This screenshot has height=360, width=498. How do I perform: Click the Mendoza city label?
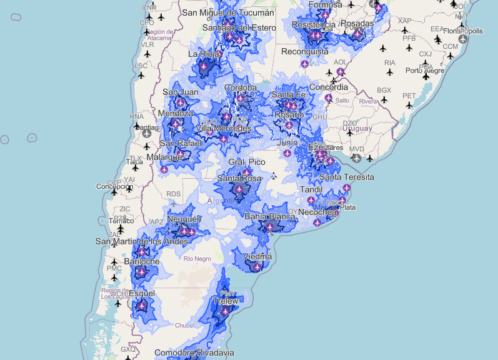[176, 114]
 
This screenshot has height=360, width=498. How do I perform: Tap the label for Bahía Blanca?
[269, 216]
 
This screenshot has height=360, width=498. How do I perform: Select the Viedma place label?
[257, 256]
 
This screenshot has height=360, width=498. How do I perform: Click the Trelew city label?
[225, 301]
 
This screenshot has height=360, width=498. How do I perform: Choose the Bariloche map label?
[142, 261]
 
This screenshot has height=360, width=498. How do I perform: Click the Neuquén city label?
[184, 219]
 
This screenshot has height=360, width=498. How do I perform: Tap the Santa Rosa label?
[239, 179]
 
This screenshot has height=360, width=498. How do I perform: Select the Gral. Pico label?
[246, 162]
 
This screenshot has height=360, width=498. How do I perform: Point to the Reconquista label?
[304, 52]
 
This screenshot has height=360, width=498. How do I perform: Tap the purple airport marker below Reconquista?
[304, 64]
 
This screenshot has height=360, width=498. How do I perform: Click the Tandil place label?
[311, 189]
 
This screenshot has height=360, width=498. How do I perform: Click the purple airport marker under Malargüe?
[164, 169]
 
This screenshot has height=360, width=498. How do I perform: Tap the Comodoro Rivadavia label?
[194, 353]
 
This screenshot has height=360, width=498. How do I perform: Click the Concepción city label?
[114, 186]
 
